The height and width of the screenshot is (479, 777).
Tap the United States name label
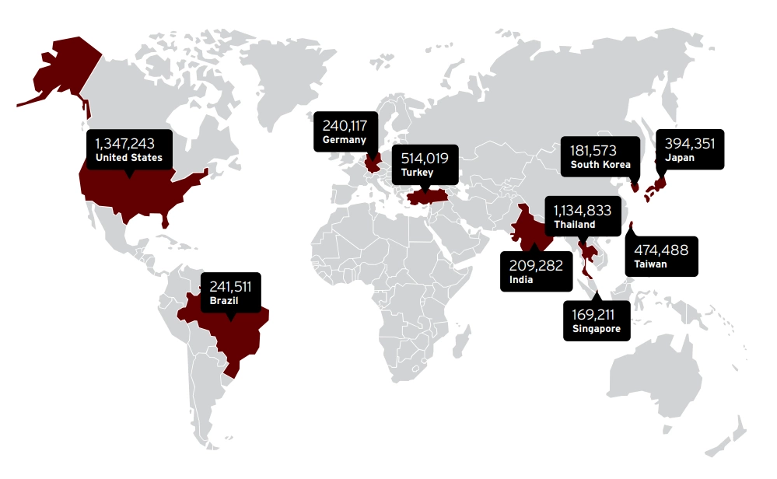click(128, 158)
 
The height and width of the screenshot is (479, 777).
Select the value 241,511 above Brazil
click(231, 285)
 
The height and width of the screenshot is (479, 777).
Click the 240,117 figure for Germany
click(344, 125)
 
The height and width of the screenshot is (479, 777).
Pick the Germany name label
click(344, 140)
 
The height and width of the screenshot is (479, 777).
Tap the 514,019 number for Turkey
click(424, 158)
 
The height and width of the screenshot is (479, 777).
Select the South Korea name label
click(600, 164)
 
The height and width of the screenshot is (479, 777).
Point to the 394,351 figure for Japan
click(689, 143)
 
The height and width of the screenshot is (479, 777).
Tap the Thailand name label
click(575, 225)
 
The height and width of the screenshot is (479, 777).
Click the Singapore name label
click(597, 330)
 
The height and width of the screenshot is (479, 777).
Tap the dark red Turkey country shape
click(424, 196)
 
